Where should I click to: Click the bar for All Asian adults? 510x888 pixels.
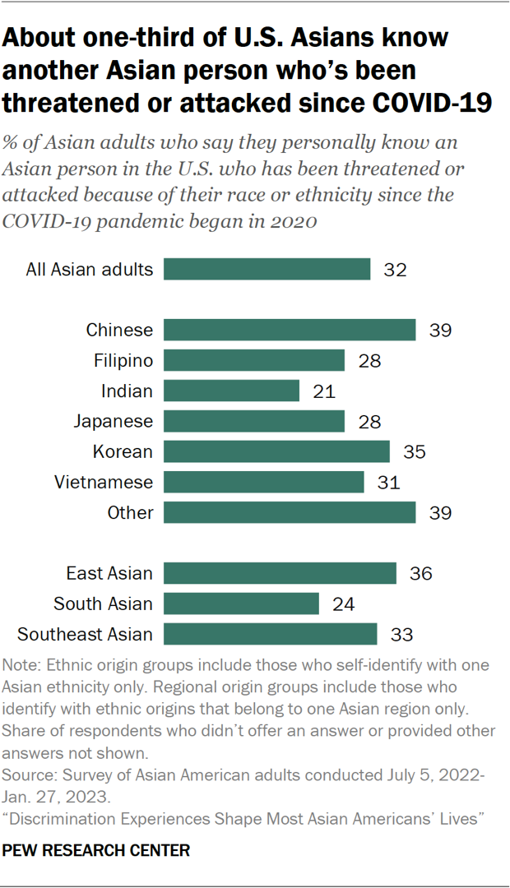tap(267, 270)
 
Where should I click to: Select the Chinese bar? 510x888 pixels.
tap(290, 331)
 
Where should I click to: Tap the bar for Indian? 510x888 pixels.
tap(231, 391)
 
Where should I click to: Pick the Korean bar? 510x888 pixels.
tap(276, 451)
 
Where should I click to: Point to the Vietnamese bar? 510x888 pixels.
tap(264, 482)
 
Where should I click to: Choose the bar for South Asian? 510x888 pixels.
tap(241, 604)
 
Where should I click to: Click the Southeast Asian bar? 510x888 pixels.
tap(271, 634)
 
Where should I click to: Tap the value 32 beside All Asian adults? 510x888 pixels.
tap(395, 270)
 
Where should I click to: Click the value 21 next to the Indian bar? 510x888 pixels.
tap(323, 391)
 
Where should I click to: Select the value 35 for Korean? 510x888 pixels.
tap(414, 451)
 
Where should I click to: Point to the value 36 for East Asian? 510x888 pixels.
tap(420, 573)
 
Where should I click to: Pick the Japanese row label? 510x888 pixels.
tap(114, 421)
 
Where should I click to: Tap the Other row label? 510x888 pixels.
tap(130, 512)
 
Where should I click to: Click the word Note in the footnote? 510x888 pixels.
tap(21, 664)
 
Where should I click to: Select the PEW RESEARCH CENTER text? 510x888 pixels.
tap(97, 850)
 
